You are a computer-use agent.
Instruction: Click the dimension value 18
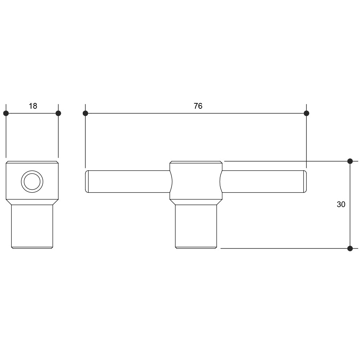(33, 106)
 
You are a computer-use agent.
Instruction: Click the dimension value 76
(198, 106)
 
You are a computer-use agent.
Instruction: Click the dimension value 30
(341, 204)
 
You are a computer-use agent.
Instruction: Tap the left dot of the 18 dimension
(6, 113)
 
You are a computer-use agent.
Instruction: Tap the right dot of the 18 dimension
(58, 113)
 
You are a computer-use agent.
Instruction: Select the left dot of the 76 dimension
(85, 113)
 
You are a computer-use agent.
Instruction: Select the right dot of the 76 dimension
(306, 113)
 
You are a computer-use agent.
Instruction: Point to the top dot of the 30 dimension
(350, 161)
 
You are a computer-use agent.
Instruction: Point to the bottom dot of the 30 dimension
(350, 248)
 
